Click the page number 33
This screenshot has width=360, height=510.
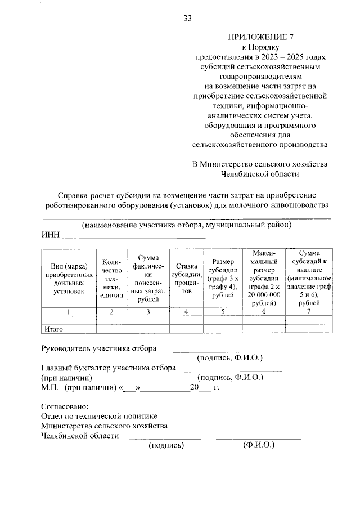(x=187, y=19)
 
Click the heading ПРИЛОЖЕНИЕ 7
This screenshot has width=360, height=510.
(x=259, y=38)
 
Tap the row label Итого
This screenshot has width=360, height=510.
(x=53, y=329)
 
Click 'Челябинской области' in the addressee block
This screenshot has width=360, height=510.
(x=260, y=175)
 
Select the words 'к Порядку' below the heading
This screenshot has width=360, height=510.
(x=259, y=48)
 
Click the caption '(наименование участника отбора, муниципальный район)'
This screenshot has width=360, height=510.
(x=186, y=225)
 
